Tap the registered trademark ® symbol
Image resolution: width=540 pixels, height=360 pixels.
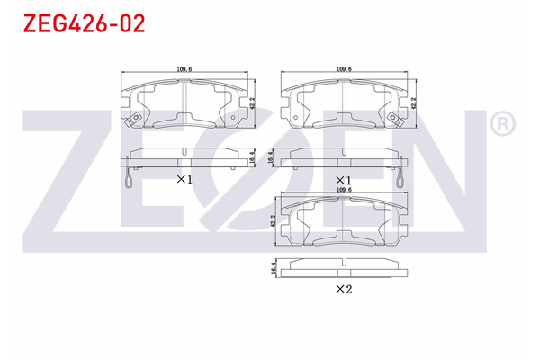click(x=502, y=123)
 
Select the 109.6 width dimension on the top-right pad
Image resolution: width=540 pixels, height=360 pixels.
click(x=343, y=69)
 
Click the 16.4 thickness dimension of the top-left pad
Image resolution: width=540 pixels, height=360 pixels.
click(x=254, y=157)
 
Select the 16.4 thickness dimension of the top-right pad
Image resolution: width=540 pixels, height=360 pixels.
click(x=273, y=157)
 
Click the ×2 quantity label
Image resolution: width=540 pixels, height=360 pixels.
click(x=343, y=289)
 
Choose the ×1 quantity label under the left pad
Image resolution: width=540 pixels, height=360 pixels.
click(x=184, y=179)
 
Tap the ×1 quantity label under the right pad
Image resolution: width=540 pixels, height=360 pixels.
click(x=343, y=179)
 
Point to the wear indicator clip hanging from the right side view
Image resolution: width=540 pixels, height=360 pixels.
click(x=397, y=180)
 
